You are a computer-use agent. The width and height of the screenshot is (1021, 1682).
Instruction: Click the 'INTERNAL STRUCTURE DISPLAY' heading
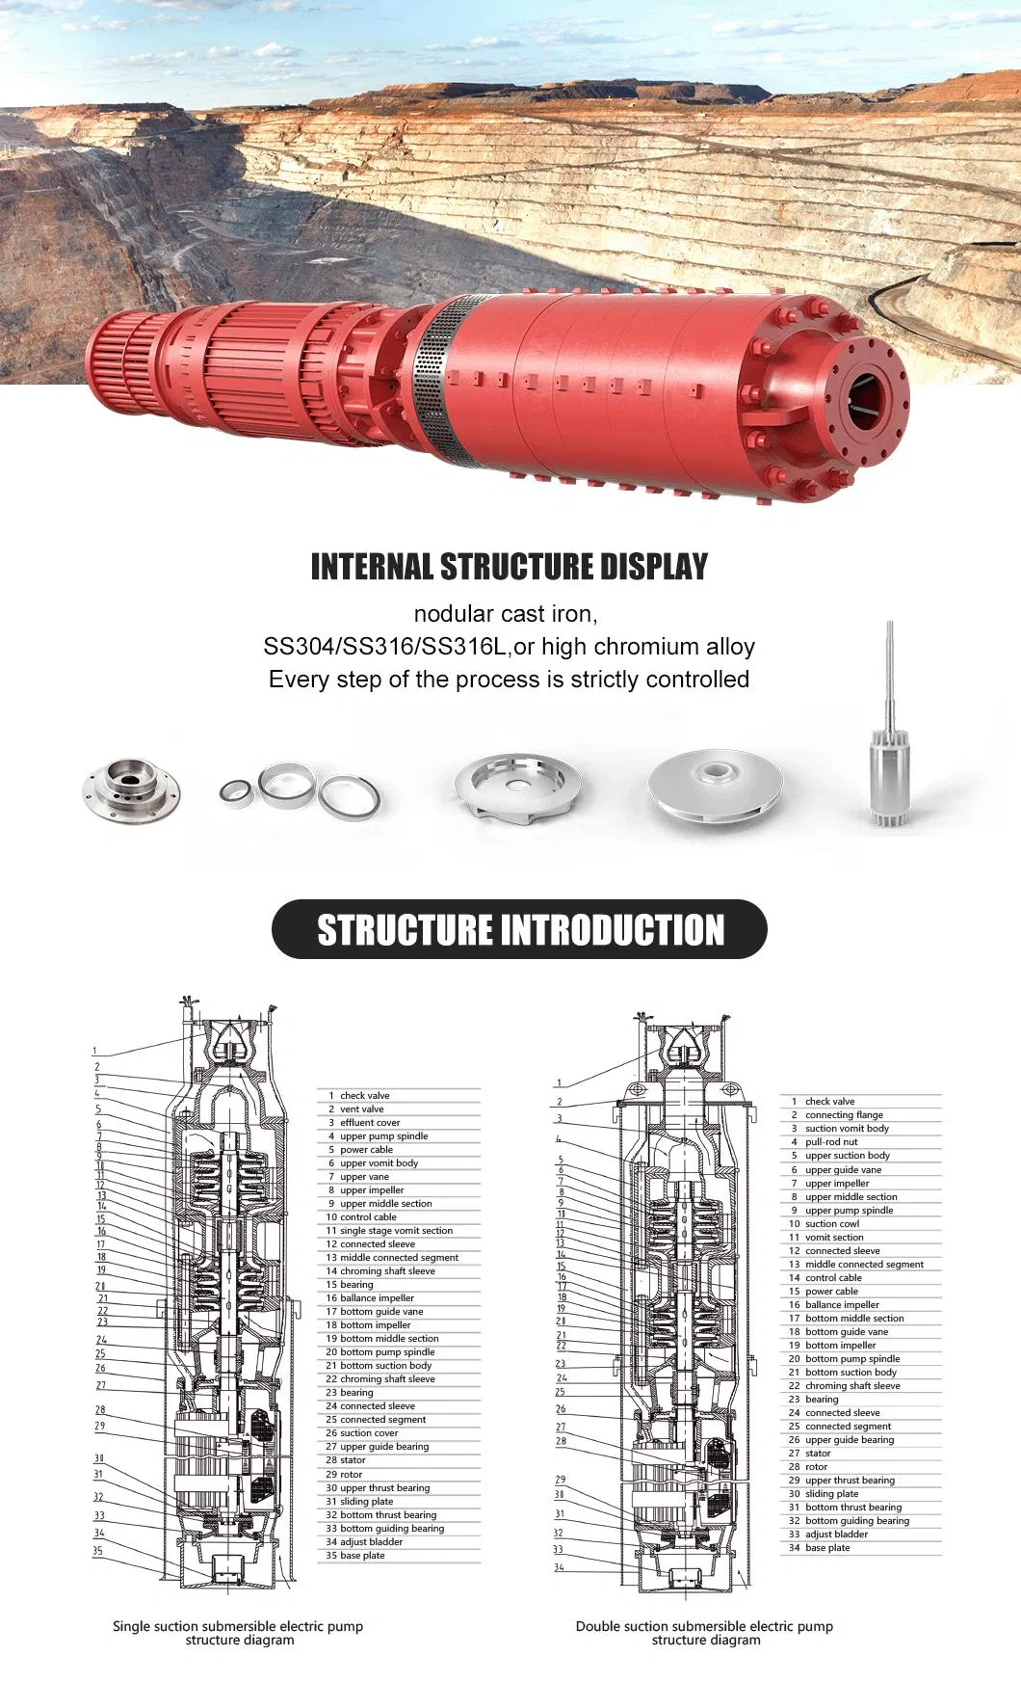(x=510, y=567)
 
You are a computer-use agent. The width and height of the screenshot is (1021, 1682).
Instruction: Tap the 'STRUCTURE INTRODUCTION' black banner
(x=519, y=930)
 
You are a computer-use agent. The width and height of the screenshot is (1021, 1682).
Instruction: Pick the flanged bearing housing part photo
(x=132, y=791)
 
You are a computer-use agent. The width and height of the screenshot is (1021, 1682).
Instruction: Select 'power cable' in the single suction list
(x=366, y=1149)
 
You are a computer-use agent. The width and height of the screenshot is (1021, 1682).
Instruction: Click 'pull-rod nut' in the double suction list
(x=831, y=1141)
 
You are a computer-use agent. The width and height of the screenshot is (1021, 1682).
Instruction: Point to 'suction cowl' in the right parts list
(x=832, y=1223)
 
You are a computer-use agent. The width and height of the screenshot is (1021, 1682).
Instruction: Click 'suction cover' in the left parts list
(x=368, y=1432)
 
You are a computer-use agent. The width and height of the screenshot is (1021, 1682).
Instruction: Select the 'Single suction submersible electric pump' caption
(x=238, y=1626)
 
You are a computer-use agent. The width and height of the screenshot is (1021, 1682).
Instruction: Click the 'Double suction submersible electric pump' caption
(x=704, y=1626)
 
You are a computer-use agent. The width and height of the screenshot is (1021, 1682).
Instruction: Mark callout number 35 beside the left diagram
(x=97, y=1551)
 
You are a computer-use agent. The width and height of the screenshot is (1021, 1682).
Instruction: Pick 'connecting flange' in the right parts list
(x=844, y=1114)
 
